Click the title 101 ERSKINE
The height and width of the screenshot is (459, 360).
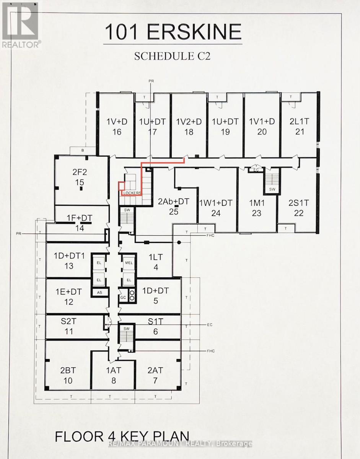(173, 32)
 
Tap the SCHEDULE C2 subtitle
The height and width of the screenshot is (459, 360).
(173, 56)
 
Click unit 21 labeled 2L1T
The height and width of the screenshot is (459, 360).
(299, 127)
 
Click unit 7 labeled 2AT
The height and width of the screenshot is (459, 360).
(155, 375)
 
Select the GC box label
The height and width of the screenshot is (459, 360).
(123, 297)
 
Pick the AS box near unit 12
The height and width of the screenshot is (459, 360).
(100, 292)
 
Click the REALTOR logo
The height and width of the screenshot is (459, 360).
(20, 25)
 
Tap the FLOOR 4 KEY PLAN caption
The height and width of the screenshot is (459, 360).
(122, 437)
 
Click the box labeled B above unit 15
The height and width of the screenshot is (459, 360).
(82, 151)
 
